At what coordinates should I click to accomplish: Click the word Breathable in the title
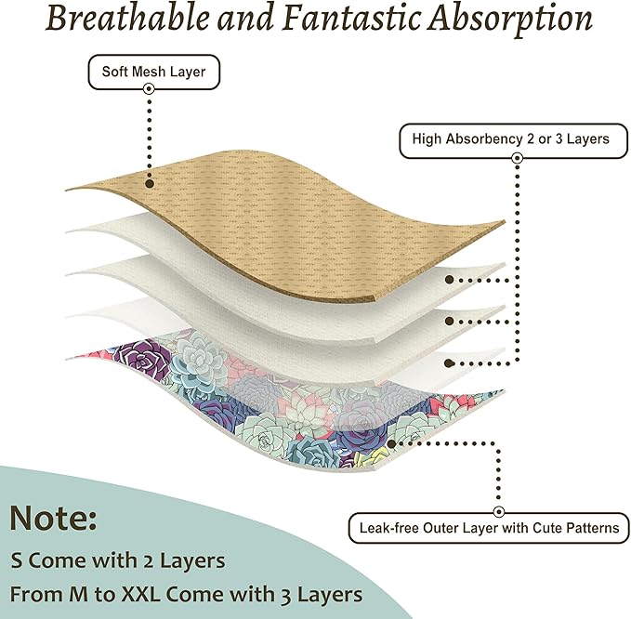(x=127, y=18)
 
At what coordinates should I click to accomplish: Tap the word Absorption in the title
(x=510, y=20)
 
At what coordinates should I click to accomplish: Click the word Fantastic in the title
(x=352, y=18)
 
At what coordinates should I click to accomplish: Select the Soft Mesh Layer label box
(x=153, y=72)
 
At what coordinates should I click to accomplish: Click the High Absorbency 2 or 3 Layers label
(x=513, y=140)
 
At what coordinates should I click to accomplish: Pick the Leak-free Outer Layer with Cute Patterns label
(x=489, y=528)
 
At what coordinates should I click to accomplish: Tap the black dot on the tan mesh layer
(x=150, y=183)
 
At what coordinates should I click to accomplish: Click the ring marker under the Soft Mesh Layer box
(x=149, y=88)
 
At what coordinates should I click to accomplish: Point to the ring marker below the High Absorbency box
(x=518, y=158)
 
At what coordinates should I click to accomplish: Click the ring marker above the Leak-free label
(x=499, y=512)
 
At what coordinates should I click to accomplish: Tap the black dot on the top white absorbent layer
(x=450, y=280)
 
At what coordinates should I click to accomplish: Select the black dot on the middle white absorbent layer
(x=450, y=321)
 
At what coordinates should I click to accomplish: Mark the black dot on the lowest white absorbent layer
(x=450, y=363)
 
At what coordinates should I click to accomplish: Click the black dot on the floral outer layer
(x=390, y=443)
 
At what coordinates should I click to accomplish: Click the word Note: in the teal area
(x=53, y=518)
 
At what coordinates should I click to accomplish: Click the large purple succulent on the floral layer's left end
(x=141, y=355)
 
